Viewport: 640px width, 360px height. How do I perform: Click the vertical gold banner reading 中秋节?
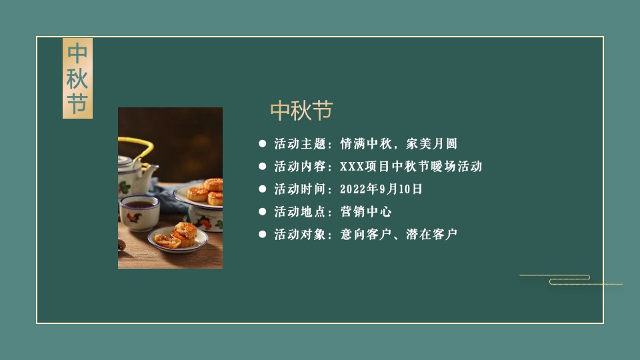point(77,79)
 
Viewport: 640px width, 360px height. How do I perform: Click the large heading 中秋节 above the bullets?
point(301,111)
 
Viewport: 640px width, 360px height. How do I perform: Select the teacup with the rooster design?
point(139,211)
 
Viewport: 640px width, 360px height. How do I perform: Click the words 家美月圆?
point(436,144)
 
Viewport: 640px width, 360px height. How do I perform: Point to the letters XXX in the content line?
point(353,167)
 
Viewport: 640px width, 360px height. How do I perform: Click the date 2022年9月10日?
point(381,189)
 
